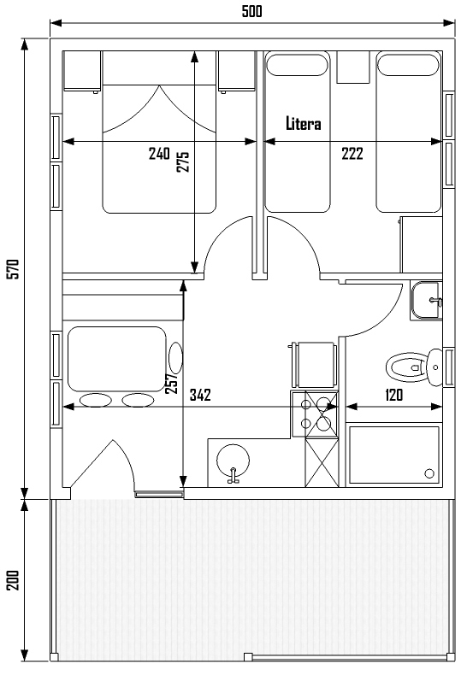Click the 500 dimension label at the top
point(251,11)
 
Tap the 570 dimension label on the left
point(14,269)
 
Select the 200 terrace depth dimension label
point(14,580)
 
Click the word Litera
point(304,124)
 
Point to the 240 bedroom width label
point(159,154)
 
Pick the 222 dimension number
point(352,154)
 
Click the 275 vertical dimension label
point(183,161)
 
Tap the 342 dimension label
point(200,395)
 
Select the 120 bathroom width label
point(393,395)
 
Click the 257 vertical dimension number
point(171,383)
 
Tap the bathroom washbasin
point(426,301)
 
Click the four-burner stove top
point(315,414)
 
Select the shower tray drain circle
point(429,473)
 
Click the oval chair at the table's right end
point(175,358)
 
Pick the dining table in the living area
point(117,359)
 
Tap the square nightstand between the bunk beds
point(353,67)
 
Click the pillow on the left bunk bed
point(298,64)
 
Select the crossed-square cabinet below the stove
point(322,462)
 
